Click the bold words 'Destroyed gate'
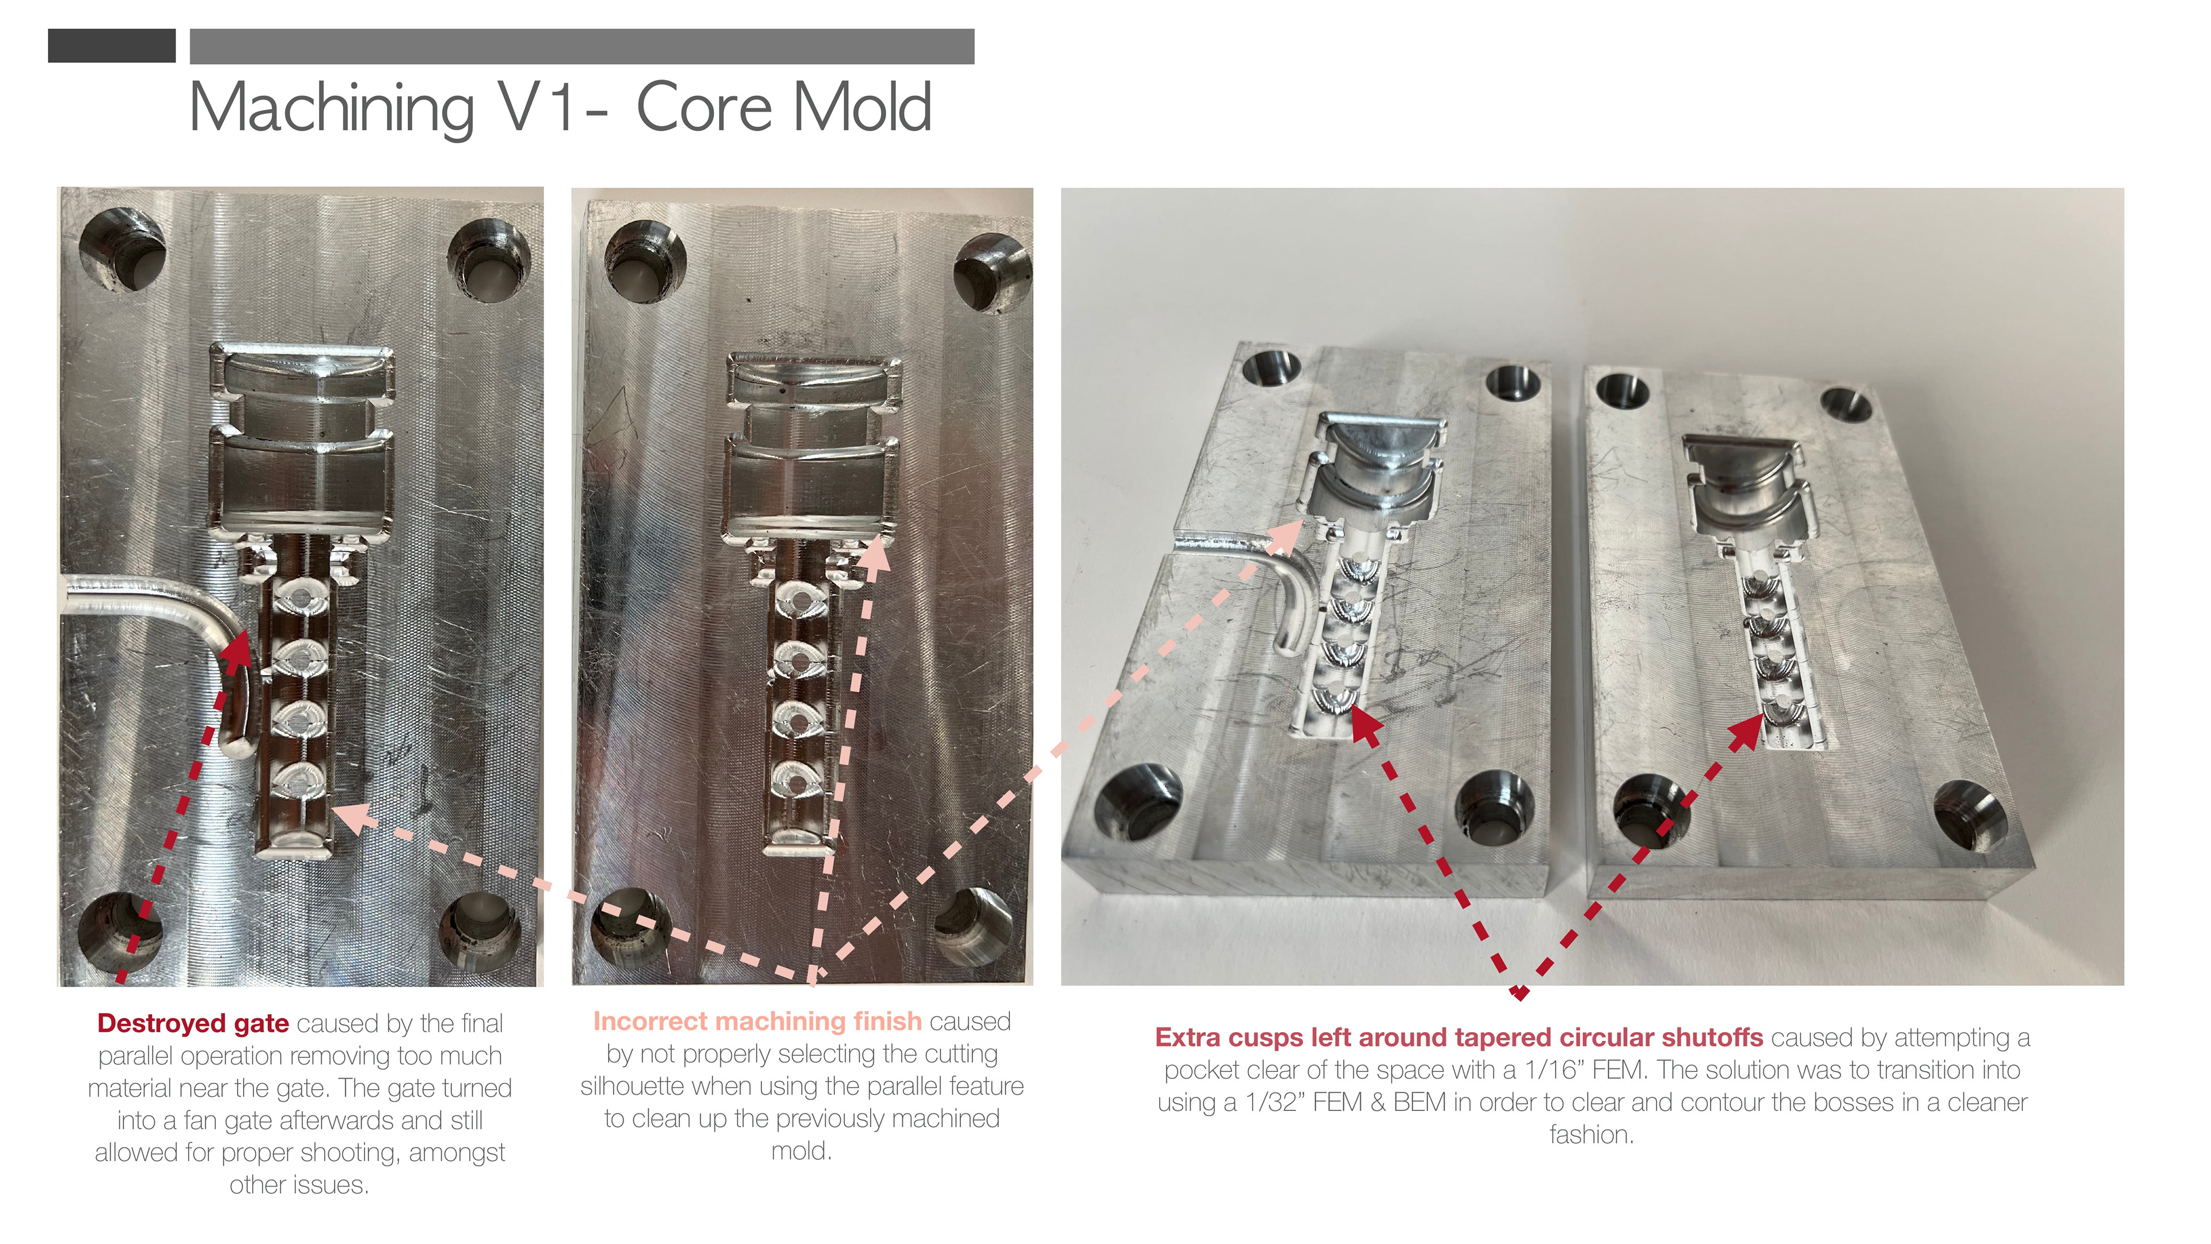point(192,1023)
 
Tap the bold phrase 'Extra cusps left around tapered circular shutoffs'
point(1458,1037)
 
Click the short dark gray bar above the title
point(112,45)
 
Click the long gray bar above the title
point(582,46)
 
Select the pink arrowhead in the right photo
point(1284,536)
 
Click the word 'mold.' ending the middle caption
point(801,1151)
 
